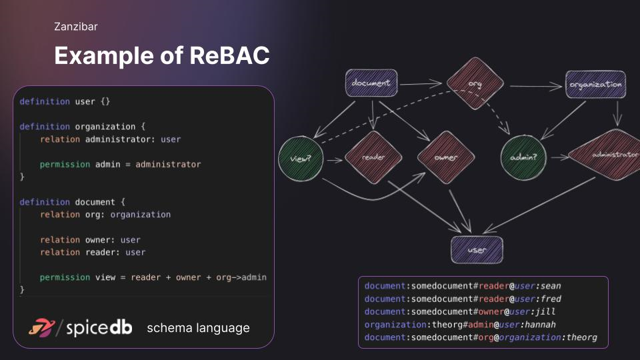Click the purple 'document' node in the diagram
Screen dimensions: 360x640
[371, 84]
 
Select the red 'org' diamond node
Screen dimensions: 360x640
[475, 84]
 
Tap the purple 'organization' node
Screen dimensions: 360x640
[595, 85]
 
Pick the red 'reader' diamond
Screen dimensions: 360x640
[374, 158]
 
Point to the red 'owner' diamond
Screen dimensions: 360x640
[445, 158]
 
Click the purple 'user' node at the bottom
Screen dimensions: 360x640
[477, 249]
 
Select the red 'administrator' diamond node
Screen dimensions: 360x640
[605, 155]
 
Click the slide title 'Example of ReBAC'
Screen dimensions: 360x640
[162, 56]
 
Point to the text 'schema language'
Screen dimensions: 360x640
[198, 328]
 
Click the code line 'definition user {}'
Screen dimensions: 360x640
[65, 101]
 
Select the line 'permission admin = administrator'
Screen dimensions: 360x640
[120, 164]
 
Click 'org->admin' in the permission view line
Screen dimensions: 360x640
[241, 277]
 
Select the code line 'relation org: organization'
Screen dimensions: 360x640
[105, 215]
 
